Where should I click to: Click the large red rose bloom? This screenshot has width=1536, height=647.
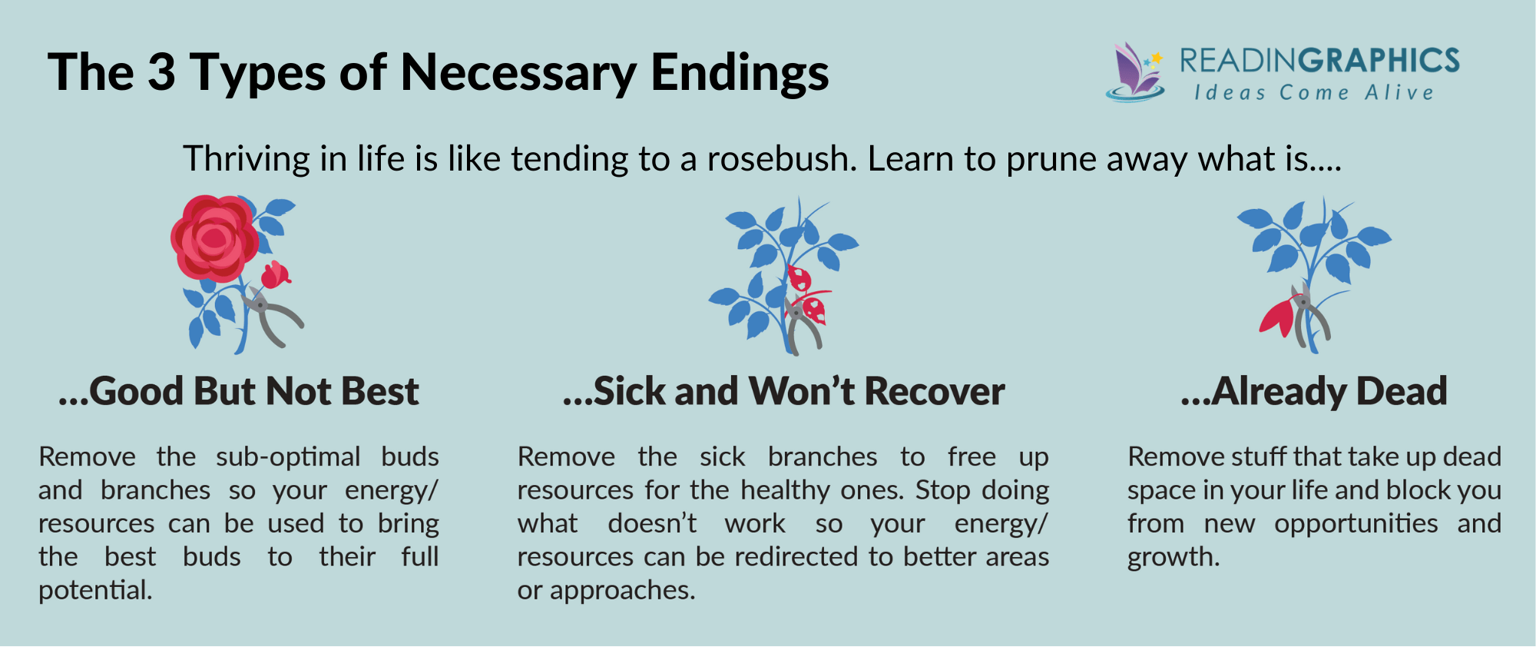click(x=214, y=238)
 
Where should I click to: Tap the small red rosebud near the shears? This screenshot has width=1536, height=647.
click(x=275, y=275)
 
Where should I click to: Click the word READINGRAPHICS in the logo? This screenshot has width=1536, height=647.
click(x=1319, y=61)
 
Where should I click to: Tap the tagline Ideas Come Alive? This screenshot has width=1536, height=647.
click(x=1313, y=93)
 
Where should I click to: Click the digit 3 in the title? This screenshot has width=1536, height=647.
click(x=161, y=73)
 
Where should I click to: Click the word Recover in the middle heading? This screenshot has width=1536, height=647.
click(x=935, y=392)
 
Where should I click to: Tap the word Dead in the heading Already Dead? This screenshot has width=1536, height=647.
click(x=1402, y=392)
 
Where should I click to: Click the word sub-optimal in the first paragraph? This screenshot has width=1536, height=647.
click(x=287, y=457)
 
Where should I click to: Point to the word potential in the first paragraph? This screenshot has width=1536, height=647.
click(x=95, y=590)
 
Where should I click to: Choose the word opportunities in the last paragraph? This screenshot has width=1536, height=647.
click(x=1356, y=524)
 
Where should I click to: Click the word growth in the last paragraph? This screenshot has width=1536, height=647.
click(x=1173, y=557)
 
